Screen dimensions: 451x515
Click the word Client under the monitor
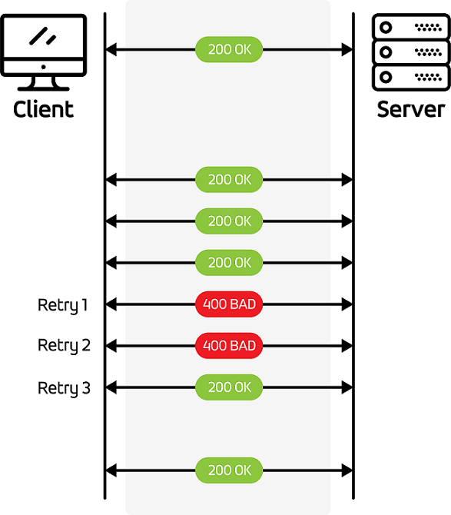click(43, 109)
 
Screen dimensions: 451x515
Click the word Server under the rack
click(411, 109)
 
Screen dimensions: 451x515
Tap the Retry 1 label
click(63, 305)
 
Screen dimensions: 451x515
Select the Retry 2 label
click(64, 346)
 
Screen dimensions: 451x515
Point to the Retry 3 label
click(64, 388)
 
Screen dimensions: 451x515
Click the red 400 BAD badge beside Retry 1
click(229, 304)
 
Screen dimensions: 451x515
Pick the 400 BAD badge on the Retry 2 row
click(229, 346)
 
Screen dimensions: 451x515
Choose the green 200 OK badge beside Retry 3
click(229, 387)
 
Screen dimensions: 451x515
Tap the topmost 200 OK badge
click(229, 49)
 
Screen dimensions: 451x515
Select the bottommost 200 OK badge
click(229, 470)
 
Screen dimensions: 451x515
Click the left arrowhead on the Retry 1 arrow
click(111, 304)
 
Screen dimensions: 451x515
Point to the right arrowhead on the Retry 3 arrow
click(347, 387)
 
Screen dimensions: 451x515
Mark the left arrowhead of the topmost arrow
click(111, 50)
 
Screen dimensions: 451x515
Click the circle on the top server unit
click(386, 27)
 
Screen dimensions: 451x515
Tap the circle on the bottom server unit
click(386, 77)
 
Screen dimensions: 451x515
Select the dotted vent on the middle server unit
click(429, 52)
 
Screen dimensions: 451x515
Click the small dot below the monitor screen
click(43, 67)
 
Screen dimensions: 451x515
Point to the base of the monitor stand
click(43, 88)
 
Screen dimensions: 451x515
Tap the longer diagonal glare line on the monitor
click(38, 36)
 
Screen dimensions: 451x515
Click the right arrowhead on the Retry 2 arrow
click(347, 346)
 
